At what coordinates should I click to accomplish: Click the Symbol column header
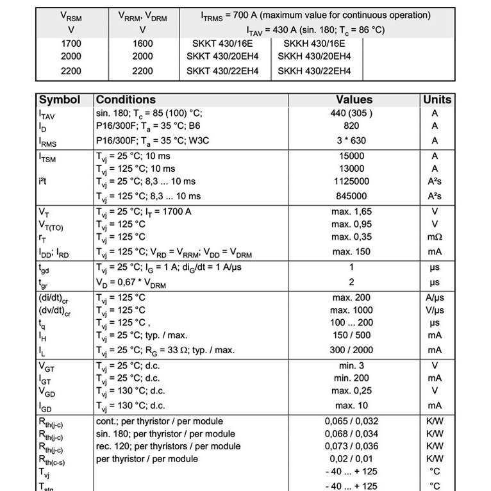tap(60, 100)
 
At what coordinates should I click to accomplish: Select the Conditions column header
tap(126, 100)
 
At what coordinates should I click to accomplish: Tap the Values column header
tap(354, 100)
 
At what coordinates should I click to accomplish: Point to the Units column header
tap(437, 100)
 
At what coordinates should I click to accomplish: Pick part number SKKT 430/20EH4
tap(222, 56)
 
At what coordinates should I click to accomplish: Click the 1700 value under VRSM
tap(71, 44)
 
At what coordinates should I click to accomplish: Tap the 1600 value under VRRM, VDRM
tap(142, 44)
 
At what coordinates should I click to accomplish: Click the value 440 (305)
tap(351, 113)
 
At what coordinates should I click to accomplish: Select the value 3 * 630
tap(351, 140)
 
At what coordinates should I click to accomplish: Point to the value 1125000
tap(351, 182)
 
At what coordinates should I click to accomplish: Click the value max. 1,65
tap(351, 212)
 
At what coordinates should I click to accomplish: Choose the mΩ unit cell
tap(435, 237)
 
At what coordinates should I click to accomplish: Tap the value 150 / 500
tap(351, 335)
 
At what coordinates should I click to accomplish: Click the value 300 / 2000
tap(351, 350)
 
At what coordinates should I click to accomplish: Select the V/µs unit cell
tap(435, 310)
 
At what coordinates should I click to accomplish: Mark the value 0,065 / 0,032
tap(351, 422)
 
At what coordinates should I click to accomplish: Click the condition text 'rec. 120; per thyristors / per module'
tap(169, 446)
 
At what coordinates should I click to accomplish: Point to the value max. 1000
tap(351, 310)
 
